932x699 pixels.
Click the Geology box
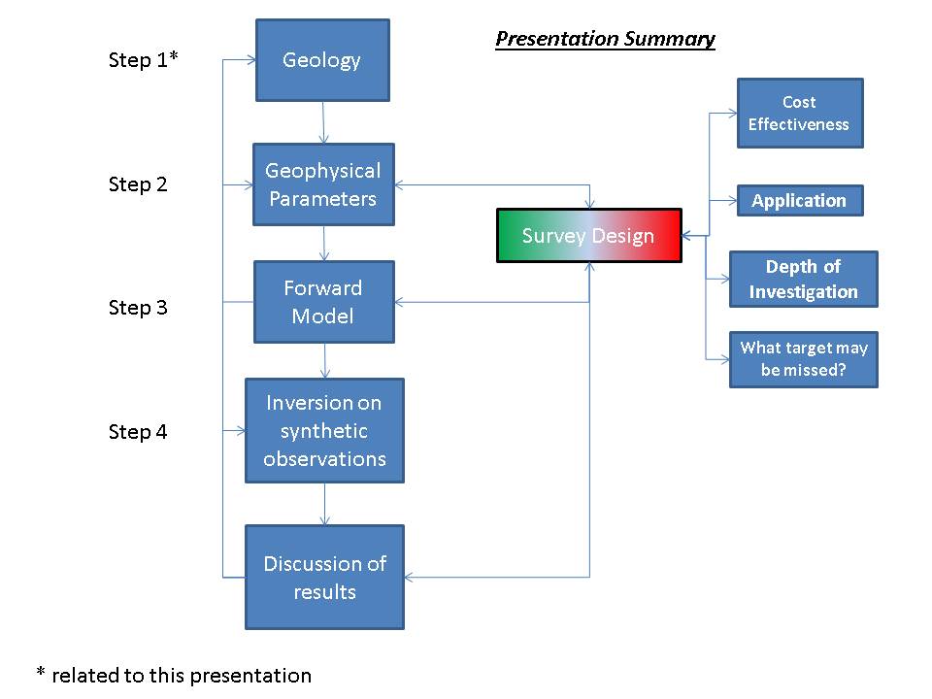click(322, 60)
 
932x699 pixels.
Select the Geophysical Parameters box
click(323, 184)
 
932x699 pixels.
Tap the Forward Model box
click(323, 302)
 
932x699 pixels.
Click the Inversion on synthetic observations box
click(324, 430)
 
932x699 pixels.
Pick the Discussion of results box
click(324, 578)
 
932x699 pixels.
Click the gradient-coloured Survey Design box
click(588, 236)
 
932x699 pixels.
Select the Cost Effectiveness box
click(799, 114)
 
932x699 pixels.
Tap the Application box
click(799, 201)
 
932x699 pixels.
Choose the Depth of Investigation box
click(803, 280)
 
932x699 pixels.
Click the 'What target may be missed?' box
click(804, 359)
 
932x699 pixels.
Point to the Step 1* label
click(144, 61)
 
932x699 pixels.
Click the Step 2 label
click(138, 184)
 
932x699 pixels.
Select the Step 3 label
click(138, 308)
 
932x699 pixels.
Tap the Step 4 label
click(138, 432)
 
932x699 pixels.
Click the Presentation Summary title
click(605, 39)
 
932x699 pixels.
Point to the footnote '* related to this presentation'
click(174, 675)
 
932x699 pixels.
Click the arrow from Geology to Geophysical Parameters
click(323, 122)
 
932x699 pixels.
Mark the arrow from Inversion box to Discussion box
click(324, 504)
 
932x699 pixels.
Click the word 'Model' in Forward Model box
click(323, 316)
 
